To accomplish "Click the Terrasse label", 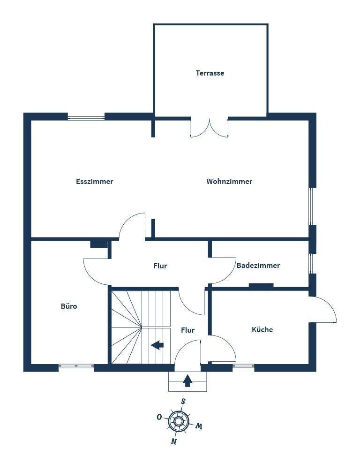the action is coord(210,73).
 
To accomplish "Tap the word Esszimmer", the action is coord(94,182).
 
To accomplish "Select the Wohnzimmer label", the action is coord(229,182).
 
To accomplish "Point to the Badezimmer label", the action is coord(258,266).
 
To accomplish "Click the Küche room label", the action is coord(262,330).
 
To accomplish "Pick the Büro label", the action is coord(69,306).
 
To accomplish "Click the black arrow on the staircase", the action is coord(157,345).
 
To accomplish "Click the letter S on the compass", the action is coord(183,401).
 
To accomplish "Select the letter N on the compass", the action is coord(173,441).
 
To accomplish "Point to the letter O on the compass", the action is coord(159,417).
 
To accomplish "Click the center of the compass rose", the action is coord(179,421).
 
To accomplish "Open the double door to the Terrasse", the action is coord(209,128).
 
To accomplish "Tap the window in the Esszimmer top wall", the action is coord(86,117).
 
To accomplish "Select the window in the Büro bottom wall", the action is coord(76,366).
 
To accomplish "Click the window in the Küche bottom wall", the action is coord(243,366).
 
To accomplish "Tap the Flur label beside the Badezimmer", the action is coord(160,266).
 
